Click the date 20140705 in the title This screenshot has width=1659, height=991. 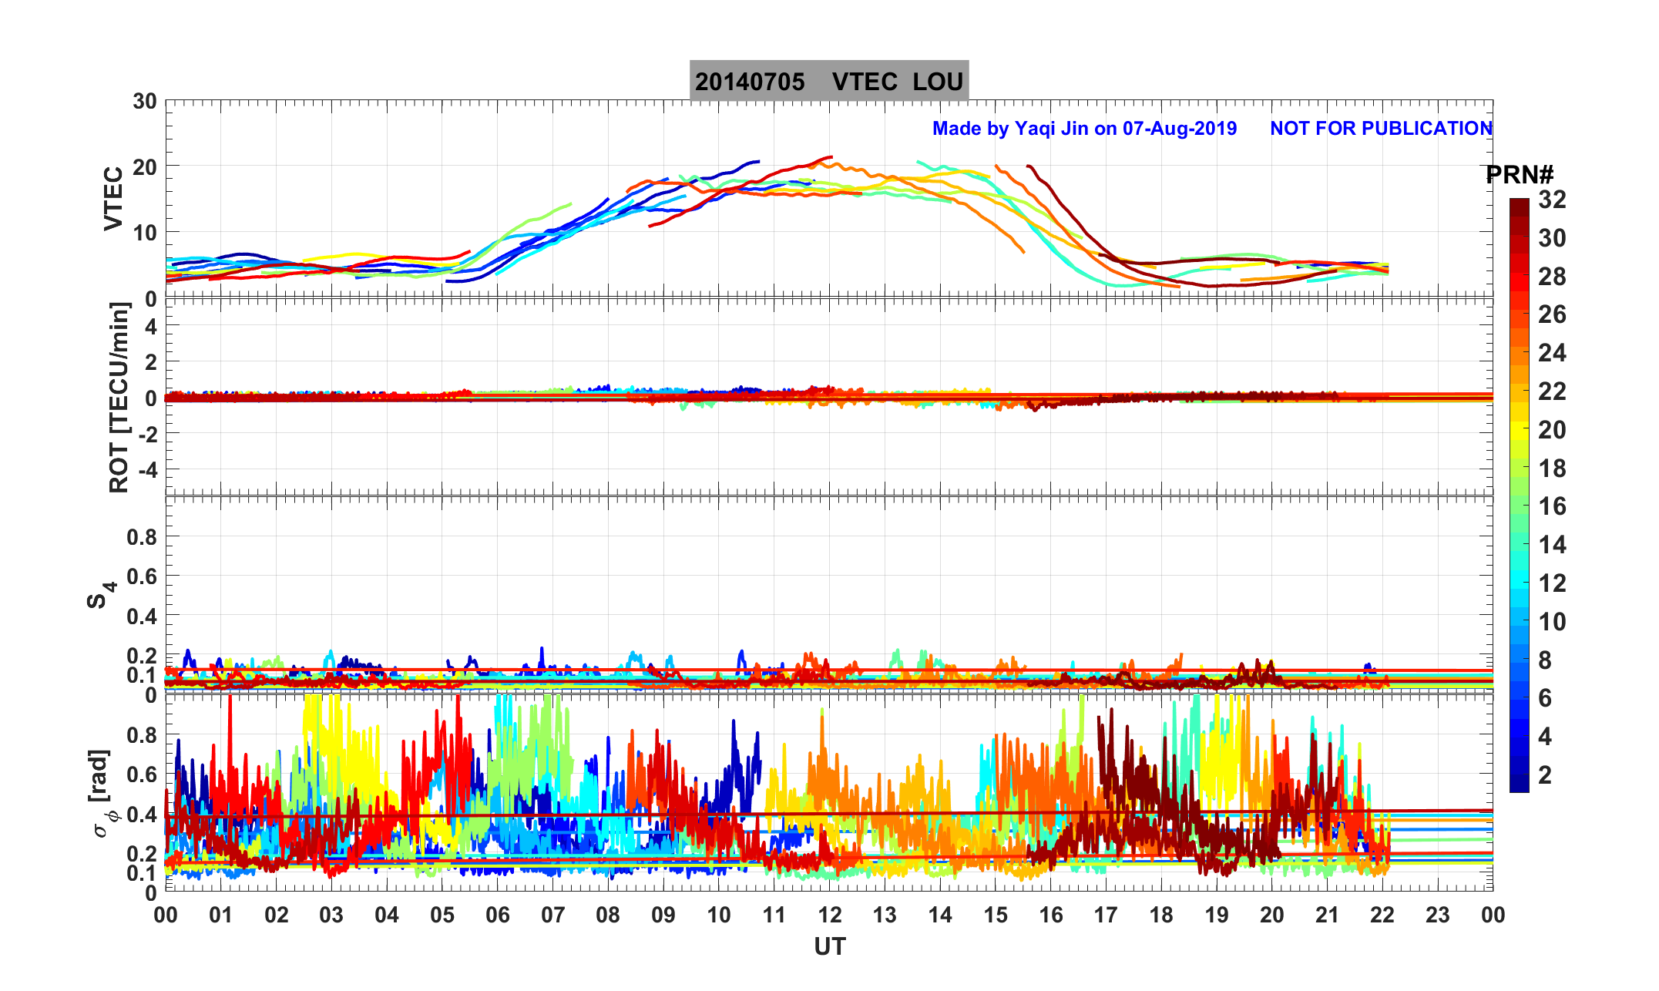point(749,82)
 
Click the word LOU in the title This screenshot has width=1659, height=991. point(938,82)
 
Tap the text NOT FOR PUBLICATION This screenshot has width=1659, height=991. point(1381,128)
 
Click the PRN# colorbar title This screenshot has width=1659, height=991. point(1520,176)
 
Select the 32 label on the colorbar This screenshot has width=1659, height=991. point(1552,200)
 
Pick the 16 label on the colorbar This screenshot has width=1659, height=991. point(1552,506)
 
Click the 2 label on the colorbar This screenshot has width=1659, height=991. point(1545,775)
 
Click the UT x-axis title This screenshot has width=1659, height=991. point(830,946)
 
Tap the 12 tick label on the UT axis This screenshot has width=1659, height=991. point(830,915)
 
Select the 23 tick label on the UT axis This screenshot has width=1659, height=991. point(1438,915)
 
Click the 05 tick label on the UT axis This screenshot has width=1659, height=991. point(442,915)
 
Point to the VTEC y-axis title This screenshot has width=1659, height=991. point(113,199)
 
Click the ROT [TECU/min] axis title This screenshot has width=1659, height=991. point(119,397)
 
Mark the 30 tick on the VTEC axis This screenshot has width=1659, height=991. point(144,102)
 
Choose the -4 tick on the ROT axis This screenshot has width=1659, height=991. point(146,469)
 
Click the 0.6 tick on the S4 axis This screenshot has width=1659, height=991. point(142,576)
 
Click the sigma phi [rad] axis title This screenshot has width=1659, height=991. point(101,794)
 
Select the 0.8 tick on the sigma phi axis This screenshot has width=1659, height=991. point(142,735)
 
